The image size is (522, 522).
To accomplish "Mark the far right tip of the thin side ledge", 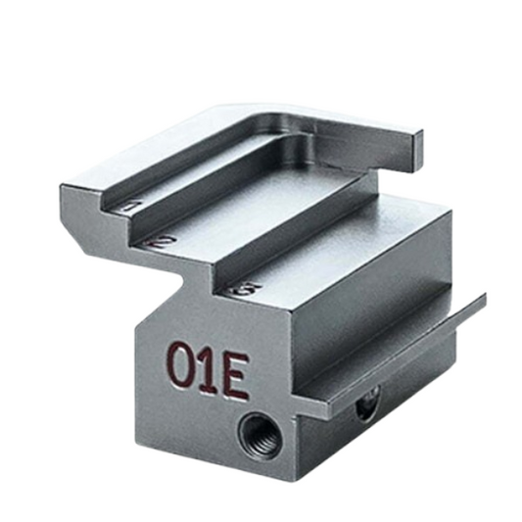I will click(484, 298).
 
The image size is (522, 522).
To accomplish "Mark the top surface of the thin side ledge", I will click(411, 348).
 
